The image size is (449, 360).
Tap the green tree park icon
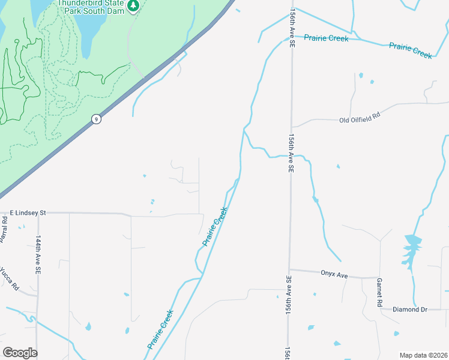tap(133, 6)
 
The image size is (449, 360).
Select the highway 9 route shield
tap(96, 119)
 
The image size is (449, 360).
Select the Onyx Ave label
tap(334, 275)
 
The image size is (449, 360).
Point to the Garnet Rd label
tap(379, 293)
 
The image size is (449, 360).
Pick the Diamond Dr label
tap(410, 310)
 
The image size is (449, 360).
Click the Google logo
tap(20, 353)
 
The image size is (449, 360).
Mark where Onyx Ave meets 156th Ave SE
tap(289, 269)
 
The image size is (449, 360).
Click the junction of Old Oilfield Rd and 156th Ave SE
tap(291, 127)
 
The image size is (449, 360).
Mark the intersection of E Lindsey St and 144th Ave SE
tap(38, 213)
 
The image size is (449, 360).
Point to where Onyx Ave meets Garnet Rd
tap(379, 278)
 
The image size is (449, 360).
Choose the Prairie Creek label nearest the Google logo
tap(160, 329)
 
